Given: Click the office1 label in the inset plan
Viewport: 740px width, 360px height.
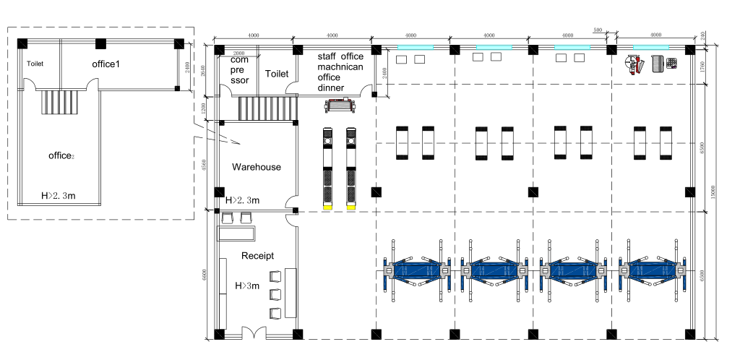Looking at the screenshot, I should click(x=106, y=64).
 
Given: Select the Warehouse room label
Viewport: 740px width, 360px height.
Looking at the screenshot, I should click(x=256, y=167).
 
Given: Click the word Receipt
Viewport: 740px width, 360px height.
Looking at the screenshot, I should click(x=257, y=255).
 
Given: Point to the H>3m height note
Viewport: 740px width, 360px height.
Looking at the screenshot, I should click(x=249, y=286).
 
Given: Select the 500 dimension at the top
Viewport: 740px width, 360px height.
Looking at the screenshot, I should click(x=597, y=30).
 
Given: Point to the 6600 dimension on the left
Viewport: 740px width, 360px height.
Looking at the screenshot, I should click(x=205, y=275).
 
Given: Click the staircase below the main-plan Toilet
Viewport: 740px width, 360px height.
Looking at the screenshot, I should click(x=267, y=109).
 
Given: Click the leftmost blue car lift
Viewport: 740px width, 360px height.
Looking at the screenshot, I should click(x=417, y=271).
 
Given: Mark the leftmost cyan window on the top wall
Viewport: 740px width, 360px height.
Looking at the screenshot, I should click(x=415, y=47).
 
